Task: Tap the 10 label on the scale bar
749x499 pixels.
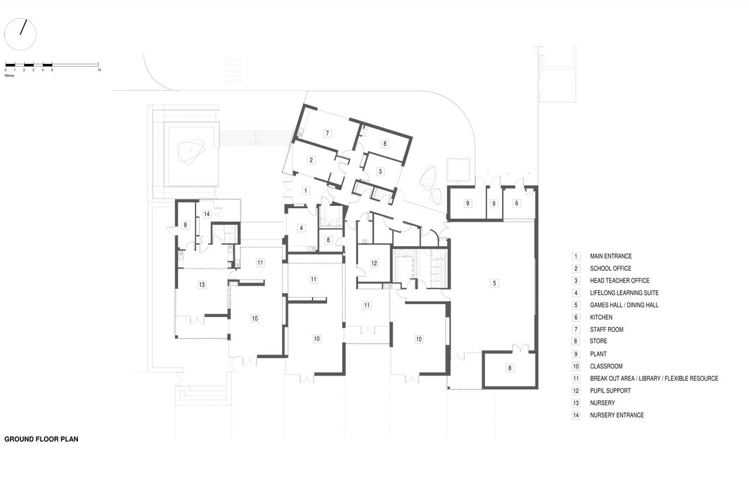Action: [x=99, y=70]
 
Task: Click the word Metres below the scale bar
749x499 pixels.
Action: [x=9, y=75]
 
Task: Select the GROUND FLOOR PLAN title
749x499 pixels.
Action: [x=41, y=439]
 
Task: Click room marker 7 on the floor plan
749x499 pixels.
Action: [x=327, y=133]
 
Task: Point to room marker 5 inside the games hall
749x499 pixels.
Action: [x=494, y=283]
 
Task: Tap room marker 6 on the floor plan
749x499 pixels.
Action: [x=517, y=203]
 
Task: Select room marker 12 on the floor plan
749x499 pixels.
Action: [x=374, y=263]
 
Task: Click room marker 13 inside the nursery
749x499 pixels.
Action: [x=202, y=285]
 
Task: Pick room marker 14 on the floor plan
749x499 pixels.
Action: [x=207, y=214]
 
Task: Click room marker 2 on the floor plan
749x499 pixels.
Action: [x=311, y=160]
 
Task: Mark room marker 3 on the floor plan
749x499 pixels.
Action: [x=380, y=172]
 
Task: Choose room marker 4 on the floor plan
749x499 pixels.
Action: [x=301, y=228]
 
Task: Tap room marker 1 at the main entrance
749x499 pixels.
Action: [x=305, y=191]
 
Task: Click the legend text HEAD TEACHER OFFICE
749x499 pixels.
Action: [x=620, y=281]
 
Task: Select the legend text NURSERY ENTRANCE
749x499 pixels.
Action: [x=617, y=415]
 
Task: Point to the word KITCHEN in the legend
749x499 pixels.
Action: [x=601, y=317]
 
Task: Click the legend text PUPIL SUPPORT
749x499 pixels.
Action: [x=610, y=391]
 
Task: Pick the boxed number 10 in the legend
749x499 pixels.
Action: [x=576, y=366]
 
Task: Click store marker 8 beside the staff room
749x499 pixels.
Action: [x=385, y=144]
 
